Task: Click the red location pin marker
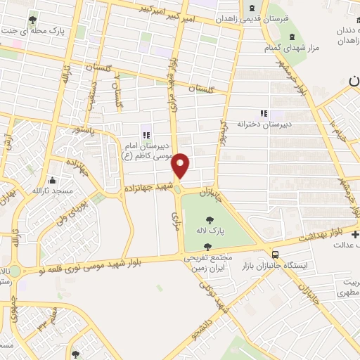pos(181,165)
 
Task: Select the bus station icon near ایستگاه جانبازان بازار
pos(276,255)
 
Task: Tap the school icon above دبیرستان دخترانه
pos(264,112)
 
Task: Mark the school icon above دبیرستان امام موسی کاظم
pos(146,135)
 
